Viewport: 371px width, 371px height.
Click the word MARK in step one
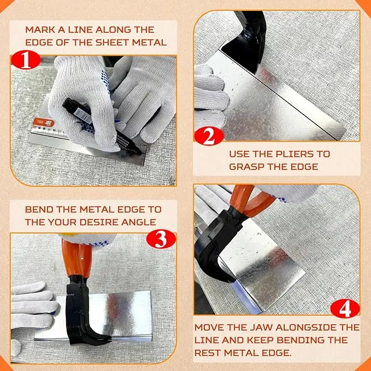[x=41, y=30]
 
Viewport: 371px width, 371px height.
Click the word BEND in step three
[x=39, y=210]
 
